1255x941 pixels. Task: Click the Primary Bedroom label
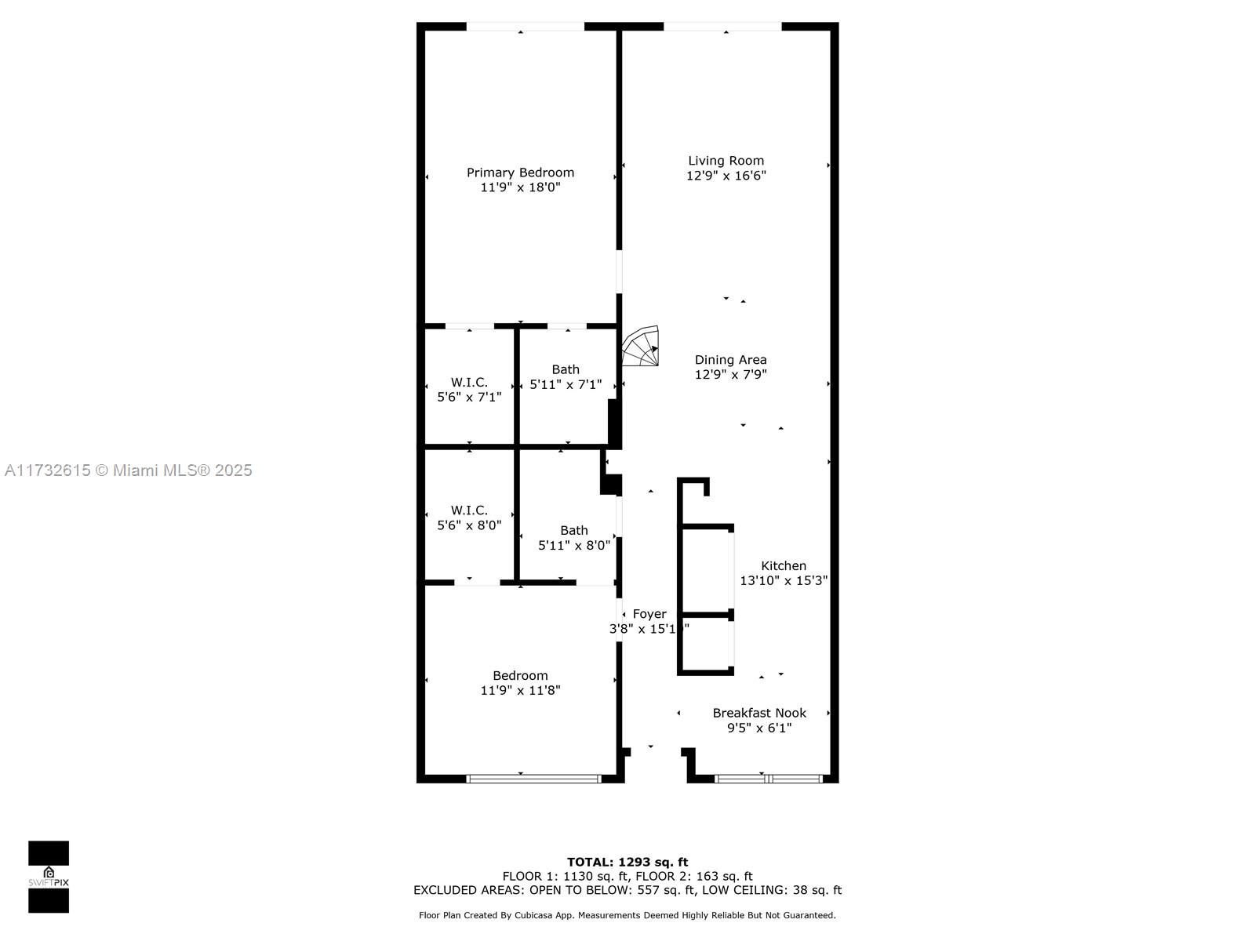(x=520, y=173)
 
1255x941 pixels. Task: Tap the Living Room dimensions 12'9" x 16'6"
(x=726, y=176)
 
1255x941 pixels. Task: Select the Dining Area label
(x=731, y=360)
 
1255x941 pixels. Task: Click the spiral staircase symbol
(x=640, y=346)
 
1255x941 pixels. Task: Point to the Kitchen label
(x=784, y=565)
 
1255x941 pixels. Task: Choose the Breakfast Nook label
(x=759, y=713)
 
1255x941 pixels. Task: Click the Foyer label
(x=649, y=614)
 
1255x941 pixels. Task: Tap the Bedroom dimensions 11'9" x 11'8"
(x=520, y=691)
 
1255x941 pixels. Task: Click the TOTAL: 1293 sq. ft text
(x=627, y=862)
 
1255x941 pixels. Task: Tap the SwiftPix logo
(x=49, y=877)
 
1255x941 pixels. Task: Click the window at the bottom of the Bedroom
(x=533, y=779)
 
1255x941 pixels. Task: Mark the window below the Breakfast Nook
(x=769, y=779)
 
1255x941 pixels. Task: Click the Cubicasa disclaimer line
(x=627, y=915)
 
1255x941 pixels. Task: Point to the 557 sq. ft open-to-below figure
(x=664, y=890)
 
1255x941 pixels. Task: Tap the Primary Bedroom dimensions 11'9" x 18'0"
(x=520, y=187)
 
